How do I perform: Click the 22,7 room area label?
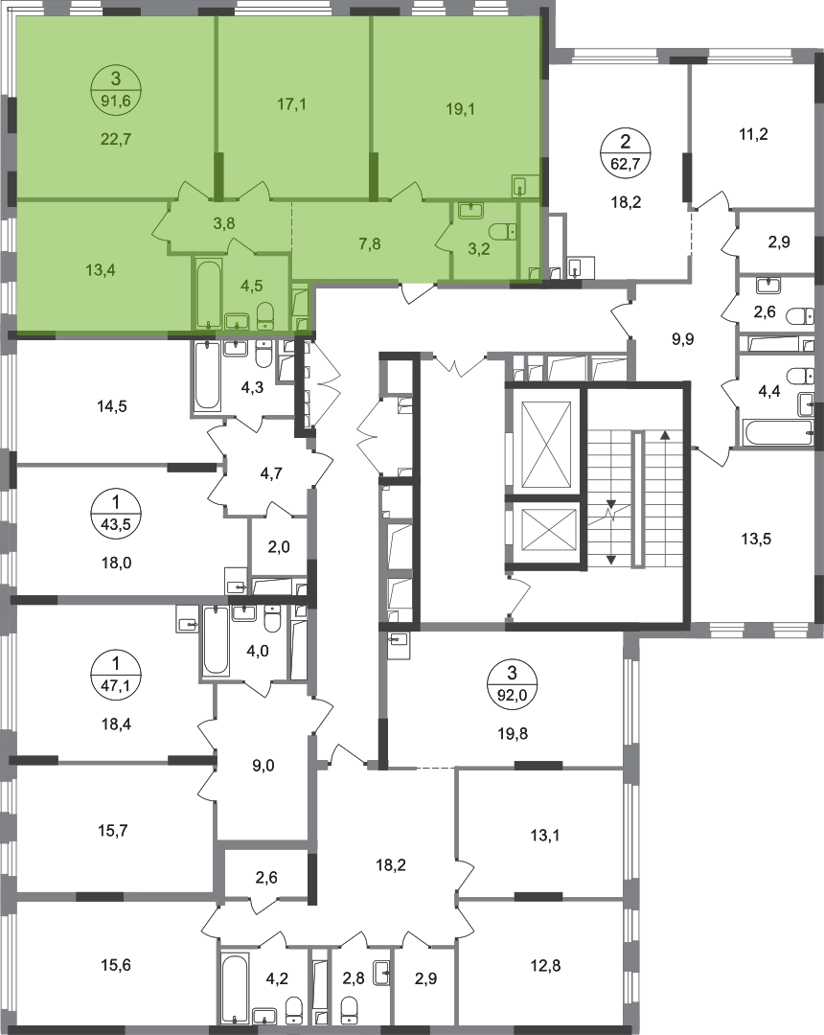116,138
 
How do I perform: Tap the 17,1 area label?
291,103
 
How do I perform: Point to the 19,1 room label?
461,109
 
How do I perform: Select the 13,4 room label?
100,269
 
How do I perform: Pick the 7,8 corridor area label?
369,243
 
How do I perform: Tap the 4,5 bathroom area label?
251,285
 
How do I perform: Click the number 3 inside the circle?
116,78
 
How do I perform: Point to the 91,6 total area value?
116,96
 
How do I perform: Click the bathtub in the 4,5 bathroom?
208,292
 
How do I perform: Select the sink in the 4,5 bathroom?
237,319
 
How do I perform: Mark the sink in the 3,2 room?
471,210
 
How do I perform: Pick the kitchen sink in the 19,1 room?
523,185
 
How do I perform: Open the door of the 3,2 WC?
445,235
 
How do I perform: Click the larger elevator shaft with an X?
544,441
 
